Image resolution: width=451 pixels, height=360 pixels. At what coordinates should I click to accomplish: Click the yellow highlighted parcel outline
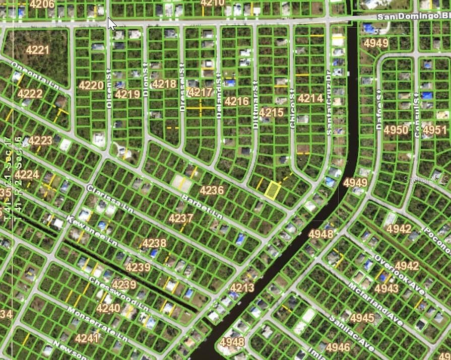(272, 190)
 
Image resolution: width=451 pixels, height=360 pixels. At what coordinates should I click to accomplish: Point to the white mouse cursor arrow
(111, 23)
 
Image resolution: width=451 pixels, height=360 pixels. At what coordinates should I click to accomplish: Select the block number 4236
(212, 190)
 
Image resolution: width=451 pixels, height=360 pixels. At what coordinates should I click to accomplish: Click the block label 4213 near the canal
(242, 287)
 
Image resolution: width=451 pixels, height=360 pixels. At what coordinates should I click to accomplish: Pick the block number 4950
(396, 130)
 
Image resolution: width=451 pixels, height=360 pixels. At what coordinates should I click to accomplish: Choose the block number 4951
(434, 130)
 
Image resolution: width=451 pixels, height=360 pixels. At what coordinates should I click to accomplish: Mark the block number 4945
(362, 318)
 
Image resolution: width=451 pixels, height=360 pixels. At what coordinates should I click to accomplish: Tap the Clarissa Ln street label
(109, 200)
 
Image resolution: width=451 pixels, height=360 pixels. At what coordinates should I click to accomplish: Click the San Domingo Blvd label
(413, 17)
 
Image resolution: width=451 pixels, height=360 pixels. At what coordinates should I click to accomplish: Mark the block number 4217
(200, 93)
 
